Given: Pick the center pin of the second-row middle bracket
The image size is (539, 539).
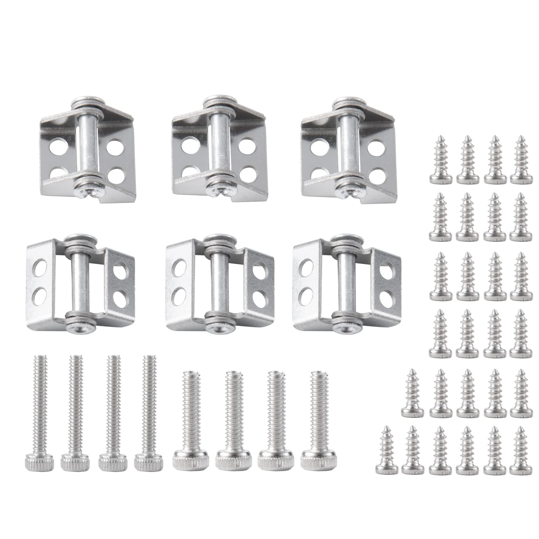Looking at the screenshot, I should tap(216, 286).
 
